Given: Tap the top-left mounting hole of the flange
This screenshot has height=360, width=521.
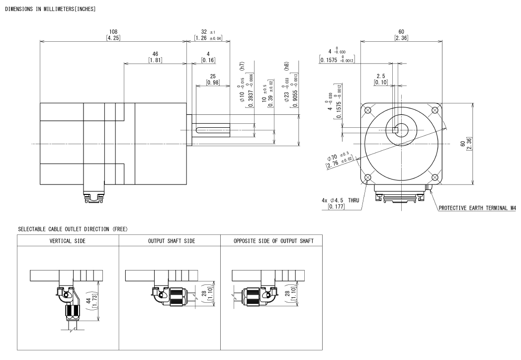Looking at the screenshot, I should [x=368, y=110].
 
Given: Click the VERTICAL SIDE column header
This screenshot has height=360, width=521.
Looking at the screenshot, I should [x=68, y=241].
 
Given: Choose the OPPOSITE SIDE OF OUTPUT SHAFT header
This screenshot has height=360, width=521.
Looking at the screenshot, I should [x=273, y=241].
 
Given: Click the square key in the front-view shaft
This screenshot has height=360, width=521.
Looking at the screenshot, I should [x=396, y=130].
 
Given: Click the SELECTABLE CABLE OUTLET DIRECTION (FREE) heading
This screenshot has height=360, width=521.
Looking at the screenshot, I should [x=66, y=229].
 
